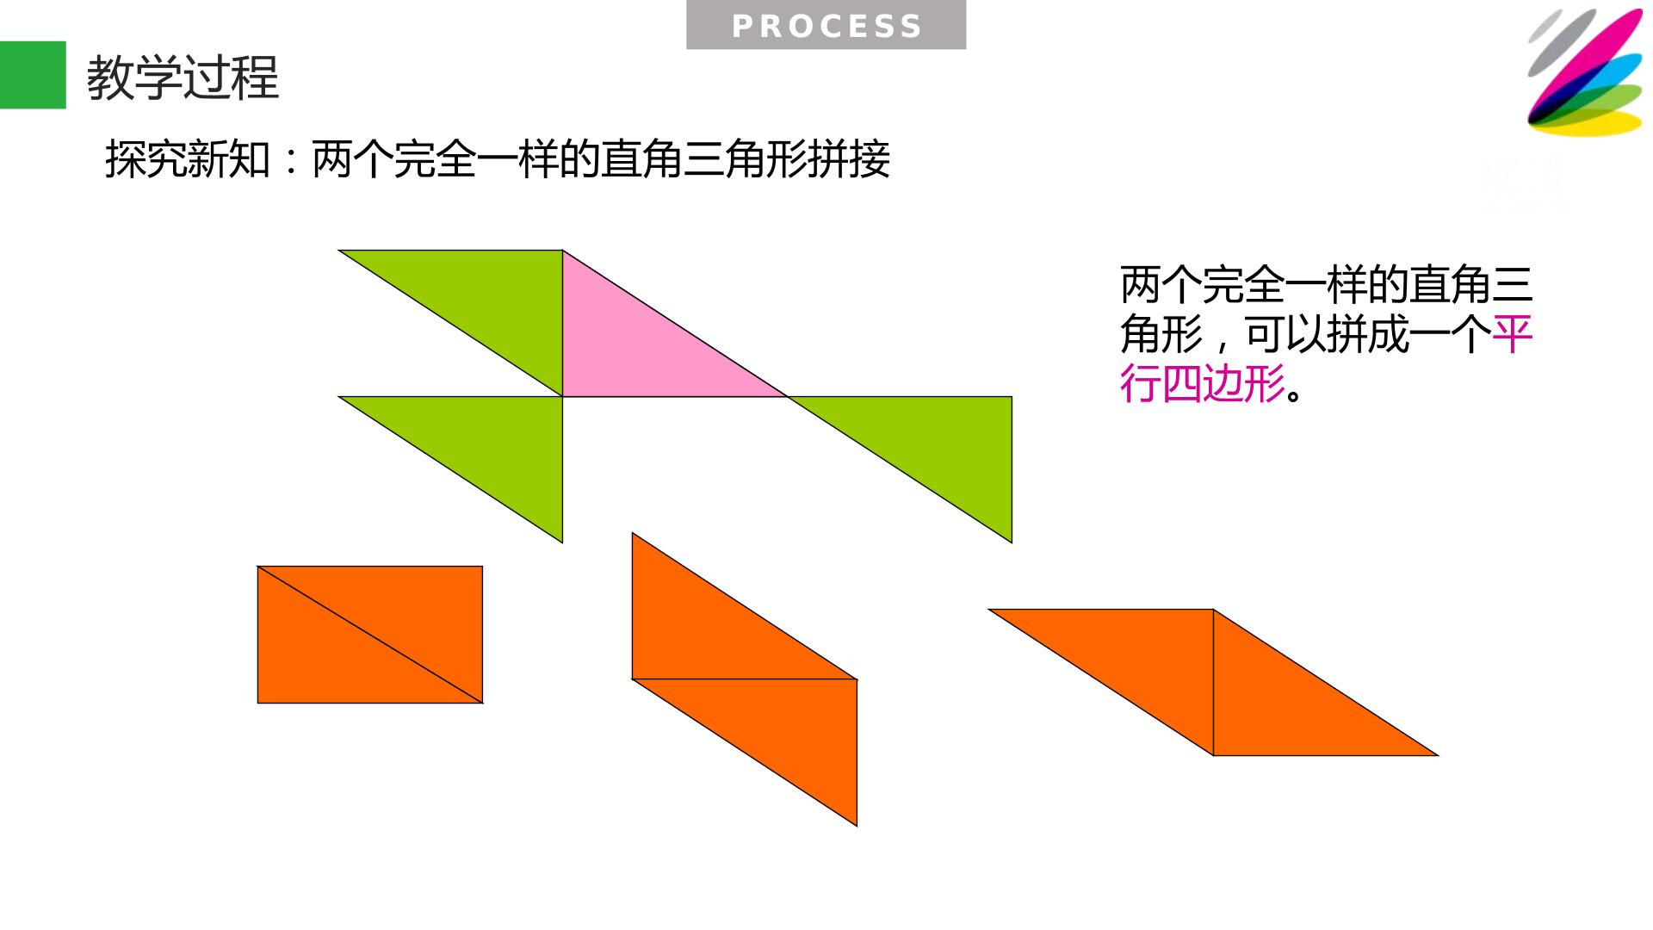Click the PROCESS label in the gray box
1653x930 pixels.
point(826,27)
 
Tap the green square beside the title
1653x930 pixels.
point(33,75)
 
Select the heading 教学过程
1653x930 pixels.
point(183,77)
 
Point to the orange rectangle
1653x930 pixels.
point(370,635)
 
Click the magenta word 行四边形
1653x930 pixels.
point(1203,383)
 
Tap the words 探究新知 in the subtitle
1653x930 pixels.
point(188,159)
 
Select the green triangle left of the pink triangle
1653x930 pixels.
point(487,299)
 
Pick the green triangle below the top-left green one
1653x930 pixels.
point(487,445)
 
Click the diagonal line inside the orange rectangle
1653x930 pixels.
point(370,635)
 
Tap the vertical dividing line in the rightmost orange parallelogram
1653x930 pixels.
point(1213,682)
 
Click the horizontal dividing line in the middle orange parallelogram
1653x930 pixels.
point(745,679)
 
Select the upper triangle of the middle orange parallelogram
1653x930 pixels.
point(707,630)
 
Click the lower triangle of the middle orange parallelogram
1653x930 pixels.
point(782,728)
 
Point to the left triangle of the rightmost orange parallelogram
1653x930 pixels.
point(1138,658)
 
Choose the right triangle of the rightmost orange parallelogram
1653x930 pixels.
point(1288,706)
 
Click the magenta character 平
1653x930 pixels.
point(1513,334)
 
